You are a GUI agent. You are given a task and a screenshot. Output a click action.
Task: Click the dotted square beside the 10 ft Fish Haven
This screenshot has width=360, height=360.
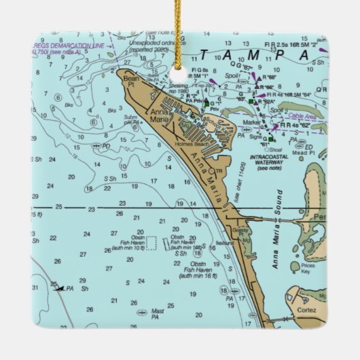(x=151, y=242)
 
